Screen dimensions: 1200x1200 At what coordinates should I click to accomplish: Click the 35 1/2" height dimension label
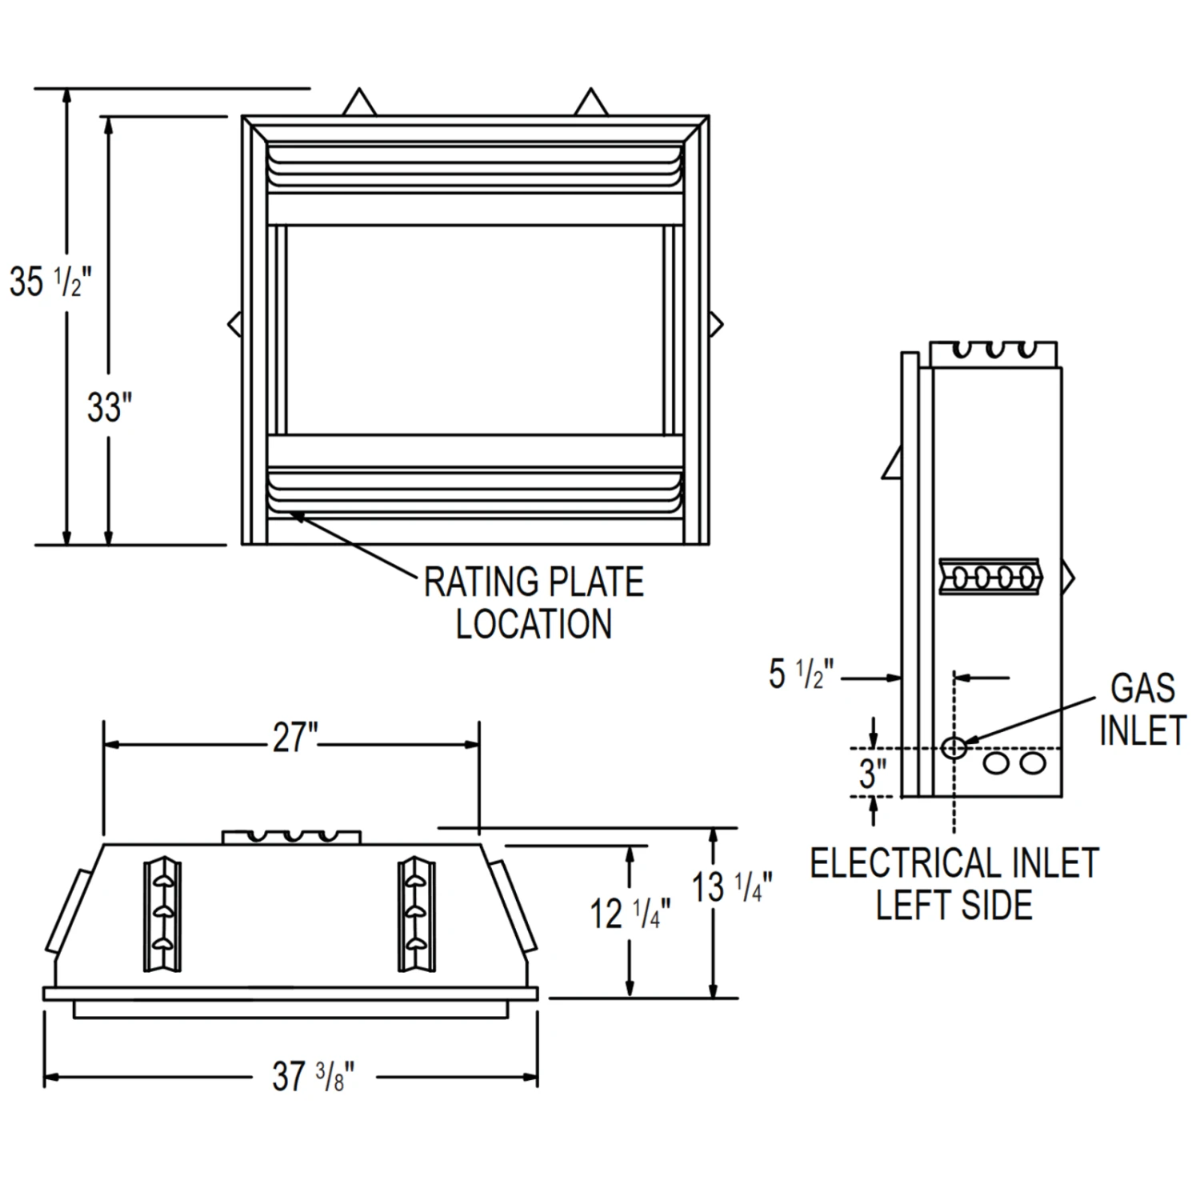point(50,282)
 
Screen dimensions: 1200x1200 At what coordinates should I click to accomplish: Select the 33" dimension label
point(109,408)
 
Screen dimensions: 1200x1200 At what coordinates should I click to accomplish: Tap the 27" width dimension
point(294,738)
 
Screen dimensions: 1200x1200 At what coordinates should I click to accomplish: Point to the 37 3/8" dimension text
point(312,1077)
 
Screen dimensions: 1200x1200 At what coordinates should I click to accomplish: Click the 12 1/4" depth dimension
point(630,914)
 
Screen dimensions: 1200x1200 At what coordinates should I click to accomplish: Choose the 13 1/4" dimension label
point(731,887)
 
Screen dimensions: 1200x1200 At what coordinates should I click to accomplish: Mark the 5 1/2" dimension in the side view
point(800,674)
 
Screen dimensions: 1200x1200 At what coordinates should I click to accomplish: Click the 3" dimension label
point(873,774)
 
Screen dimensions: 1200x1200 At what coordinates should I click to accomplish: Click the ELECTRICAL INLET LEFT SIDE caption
point(954,884)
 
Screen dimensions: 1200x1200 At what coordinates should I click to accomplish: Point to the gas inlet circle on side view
point(954,748)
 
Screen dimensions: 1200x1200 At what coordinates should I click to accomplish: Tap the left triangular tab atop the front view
point(359,103)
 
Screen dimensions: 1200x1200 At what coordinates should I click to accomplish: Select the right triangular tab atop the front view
point(591,103)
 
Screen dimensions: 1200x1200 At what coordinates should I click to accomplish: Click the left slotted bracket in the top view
point(162,914)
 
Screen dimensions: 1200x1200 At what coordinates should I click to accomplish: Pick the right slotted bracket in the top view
point(417,914)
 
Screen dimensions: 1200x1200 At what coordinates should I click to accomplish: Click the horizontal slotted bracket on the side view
point(990,576)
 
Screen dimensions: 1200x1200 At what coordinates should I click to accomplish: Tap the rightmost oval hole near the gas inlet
point(1033,762)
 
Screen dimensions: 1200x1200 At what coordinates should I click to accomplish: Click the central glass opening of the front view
point(474,330)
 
